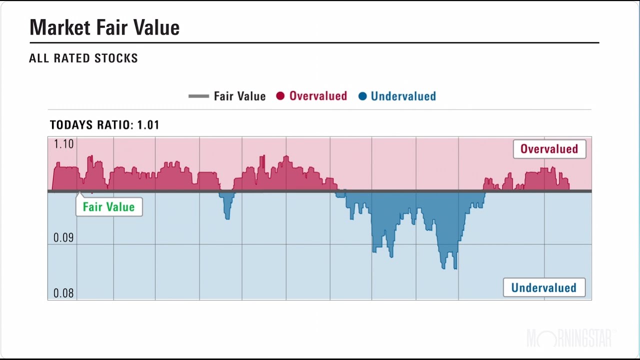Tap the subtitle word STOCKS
(117, 58)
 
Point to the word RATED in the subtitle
(73, 58)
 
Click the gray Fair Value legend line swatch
(198, 96)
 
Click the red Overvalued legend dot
(280, 96)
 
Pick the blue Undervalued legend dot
(362, 96)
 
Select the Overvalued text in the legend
(318, 96)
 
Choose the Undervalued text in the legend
(403, 96)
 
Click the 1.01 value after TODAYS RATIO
(148, 125)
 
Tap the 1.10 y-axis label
(63, 144)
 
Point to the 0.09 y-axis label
(63, 237)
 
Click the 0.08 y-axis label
(63, 292)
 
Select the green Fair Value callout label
(108, 207)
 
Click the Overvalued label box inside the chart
(549, 149)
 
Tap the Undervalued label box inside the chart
(543, 288)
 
